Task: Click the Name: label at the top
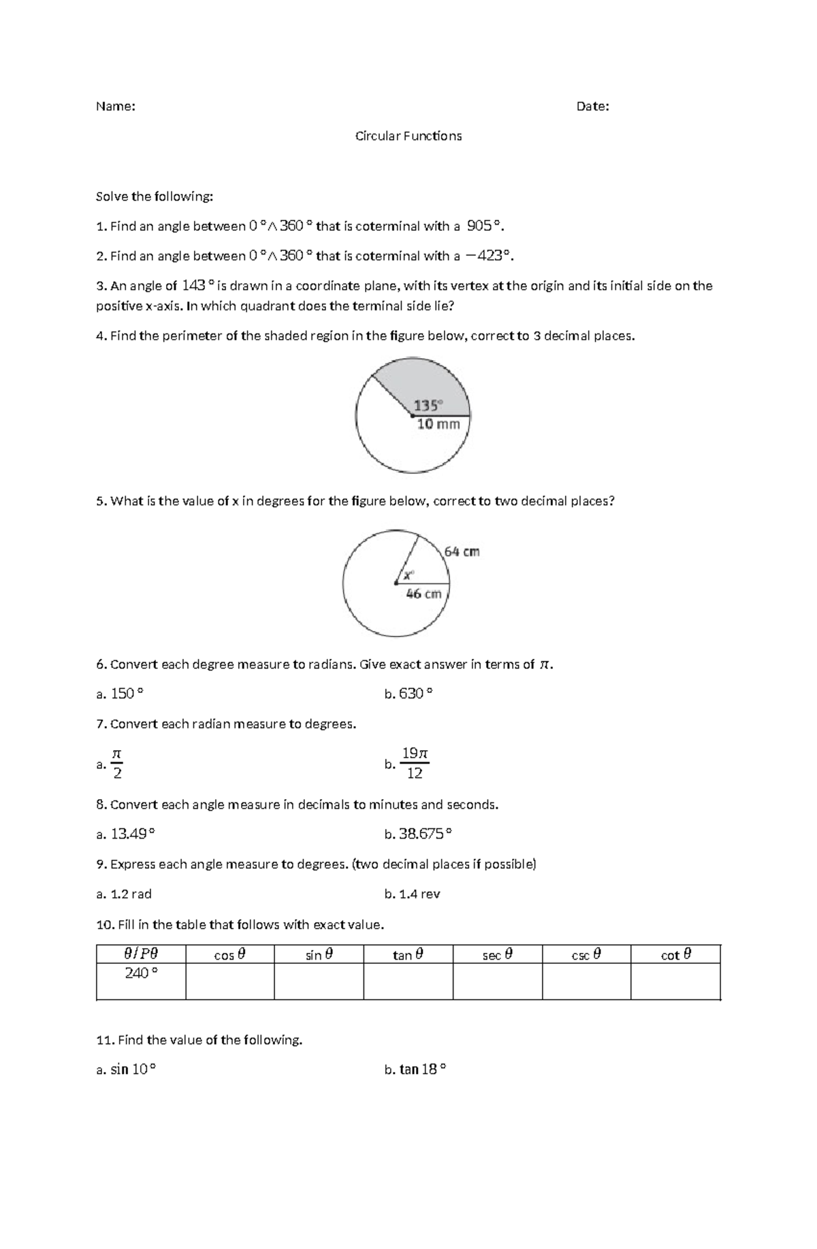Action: pyautogui.click(x=115, y=106)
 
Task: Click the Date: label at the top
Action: pyautogui.click(x=592, y=106)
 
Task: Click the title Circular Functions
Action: pyautogui.click(x=408, y=136)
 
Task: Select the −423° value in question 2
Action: pyautogui.click(x=487, y=256)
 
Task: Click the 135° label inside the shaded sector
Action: pyautogui.click(x=428, y=406)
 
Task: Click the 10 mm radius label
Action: pyautogui.click(x=438, y=424)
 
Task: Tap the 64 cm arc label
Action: pyautogui.click(x=462, y=551)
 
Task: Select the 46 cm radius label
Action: pyautogui.click(x=423, y=594)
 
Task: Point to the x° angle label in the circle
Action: pyautogui.click(x=408, y=575)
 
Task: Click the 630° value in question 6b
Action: pyautogui.click(x=415, y=694)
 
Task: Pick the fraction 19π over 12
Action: pyautogui.click(x=415, y=763)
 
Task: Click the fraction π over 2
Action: pyautogui.click(x=117, y=763)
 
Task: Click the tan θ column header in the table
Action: pyautogui.click(x=408, y=955)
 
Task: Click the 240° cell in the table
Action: pyautogui.click(x=141, y=973)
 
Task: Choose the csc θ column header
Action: pyautogui.click(x=586, y=955)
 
